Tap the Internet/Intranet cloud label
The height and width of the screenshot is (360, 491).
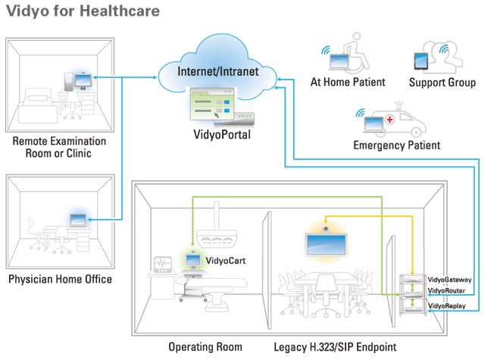click(218, 71)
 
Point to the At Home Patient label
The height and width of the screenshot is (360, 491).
click(348, 82)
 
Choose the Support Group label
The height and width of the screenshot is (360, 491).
click(443, 82)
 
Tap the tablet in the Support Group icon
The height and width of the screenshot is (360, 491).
click(422, 60)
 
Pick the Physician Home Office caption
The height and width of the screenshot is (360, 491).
click(60, 280)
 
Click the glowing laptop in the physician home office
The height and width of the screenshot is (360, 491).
click(78, 220)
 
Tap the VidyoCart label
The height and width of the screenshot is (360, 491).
click(224, 260)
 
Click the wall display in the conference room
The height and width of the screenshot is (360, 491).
click(325, 243)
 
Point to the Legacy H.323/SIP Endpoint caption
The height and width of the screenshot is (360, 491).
click(334, 347)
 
